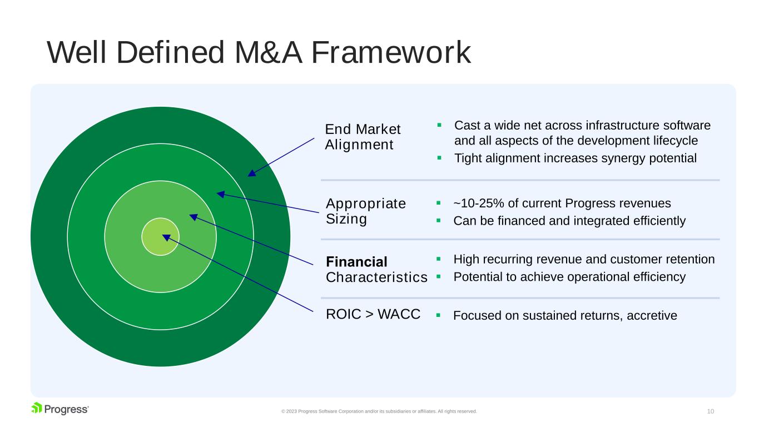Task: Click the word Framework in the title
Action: coord(391,52)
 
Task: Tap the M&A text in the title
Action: coord(268,52)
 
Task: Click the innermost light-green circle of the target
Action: coord(160,236)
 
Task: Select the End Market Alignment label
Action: coord(363,137)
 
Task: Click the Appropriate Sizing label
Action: coord(366,211)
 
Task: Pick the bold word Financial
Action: coord(356,262)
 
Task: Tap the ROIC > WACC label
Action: coord(373,314)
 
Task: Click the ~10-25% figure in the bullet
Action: coord(479,203)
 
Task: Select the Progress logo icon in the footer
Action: coord(36,408)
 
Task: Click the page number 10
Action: coord(711,411)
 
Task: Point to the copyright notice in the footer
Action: coord(379,411)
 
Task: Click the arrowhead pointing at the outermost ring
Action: coord(252,173)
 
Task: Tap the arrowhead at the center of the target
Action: coord(166,237)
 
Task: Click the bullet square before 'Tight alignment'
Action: coord(439,158)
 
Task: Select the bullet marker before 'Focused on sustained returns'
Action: coord(439,315)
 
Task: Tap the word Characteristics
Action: coord(376,277)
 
